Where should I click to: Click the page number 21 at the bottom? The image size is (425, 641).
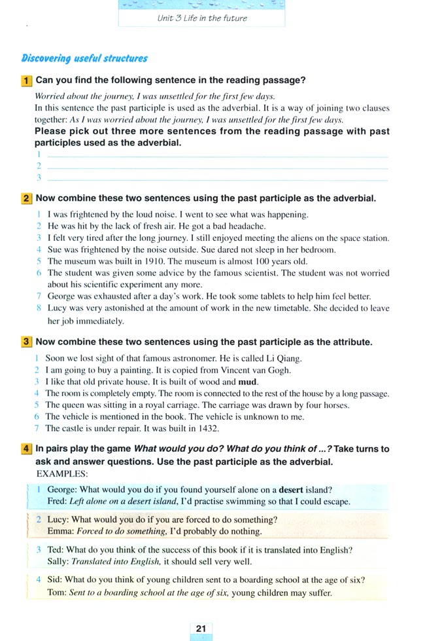(201, 629)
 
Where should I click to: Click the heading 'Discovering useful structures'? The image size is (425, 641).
(84, 58)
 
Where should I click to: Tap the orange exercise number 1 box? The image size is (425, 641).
(26, 81)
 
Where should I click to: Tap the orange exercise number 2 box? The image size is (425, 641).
(26, 198)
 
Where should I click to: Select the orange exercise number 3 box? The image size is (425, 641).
(26, 342)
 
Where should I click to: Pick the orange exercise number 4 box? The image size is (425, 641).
(26, 449)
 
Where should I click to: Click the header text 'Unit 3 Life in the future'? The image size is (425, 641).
(202, 18)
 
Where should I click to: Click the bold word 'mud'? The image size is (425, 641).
(248, 382)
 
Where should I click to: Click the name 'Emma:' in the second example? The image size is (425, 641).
(59, 531)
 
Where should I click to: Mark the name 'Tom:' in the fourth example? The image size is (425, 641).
(58, 593)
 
